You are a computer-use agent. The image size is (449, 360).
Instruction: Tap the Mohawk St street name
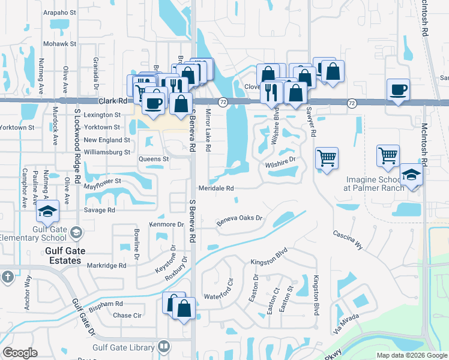pyautogui.click(x=60, y=44)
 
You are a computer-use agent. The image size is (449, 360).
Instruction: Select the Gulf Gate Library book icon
pyautogui.click(x=163, y=347)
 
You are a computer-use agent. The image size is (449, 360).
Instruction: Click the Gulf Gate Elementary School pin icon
pyautogui.click(x=76, y=232)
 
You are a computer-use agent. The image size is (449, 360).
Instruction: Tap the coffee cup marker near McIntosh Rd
pyautogui.click(x=399, y=91)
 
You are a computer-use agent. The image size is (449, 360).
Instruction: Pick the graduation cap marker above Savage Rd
pyautogui.click(x=47, y=211)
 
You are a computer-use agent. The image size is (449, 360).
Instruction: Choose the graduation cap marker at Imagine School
pyautogui.click(x=412, y=175)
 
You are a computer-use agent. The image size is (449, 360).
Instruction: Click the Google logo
pyautogui.click(x=20, y=352)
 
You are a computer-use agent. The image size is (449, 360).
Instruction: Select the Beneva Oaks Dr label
pyautogui.click(x=240, y=220)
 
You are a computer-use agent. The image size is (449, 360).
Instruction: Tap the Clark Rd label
pyautogui.click(x=114, y=102)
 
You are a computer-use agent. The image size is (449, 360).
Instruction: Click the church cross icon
pyautogui.click(x=7, y=277)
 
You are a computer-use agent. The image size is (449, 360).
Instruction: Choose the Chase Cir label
pyautogui.click(x=127, y=316)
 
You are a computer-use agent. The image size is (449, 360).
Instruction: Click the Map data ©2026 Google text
pyautogui.click(x=411, y=355)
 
